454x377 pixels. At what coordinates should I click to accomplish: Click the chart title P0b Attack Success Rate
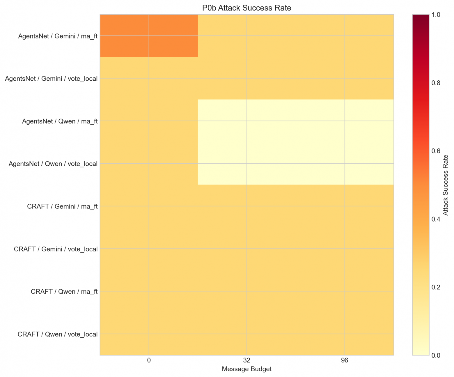point(246,8)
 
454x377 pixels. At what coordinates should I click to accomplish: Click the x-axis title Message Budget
point(246,369)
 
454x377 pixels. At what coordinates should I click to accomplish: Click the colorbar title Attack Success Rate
point(446,185)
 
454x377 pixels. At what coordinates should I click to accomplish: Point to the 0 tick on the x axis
point(149,360)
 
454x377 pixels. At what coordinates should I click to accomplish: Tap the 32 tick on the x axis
point(247,360)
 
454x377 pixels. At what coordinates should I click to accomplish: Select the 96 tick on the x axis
point(345,360)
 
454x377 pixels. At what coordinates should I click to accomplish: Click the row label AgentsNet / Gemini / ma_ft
point(58,36)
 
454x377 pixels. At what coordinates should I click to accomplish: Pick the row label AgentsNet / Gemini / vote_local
point(51,79)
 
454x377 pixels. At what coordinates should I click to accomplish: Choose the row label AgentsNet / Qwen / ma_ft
point(60,121)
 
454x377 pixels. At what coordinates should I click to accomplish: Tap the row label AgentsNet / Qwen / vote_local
point(53,164)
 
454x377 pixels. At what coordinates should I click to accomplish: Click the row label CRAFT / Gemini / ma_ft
point(62,206)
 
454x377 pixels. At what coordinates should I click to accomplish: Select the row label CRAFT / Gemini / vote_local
point(56,249)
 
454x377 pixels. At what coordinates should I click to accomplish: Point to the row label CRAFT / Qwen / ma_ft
point(64,292)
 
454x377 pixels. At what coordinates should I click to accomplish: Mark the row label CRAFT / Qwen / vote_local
point(57,334)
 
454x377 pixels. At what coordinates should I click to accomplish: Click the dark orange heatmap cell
point(149,36)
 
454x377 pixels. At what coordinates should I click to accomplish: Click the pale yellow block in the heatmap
point(296,142)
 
